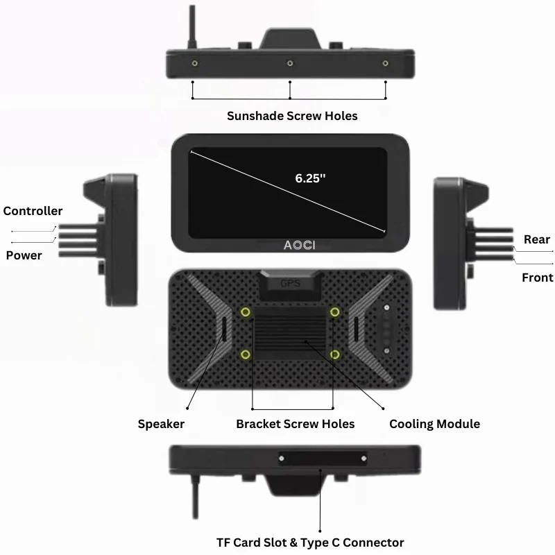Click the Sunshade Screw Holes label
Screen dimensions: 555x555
(292, 116)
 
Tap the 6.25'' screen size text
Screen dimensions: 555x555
(310, 178)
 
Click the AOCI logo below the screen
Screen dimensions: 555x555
(298, 245)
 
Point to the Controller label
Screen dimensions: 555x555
(33, 211)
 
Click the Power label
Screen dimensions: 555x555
(24, 255)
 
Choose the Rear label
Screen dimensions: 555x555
(536, 239)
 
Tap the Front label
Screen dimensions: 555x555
(537, 277)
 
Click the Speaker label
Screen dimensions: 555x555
(161, 424)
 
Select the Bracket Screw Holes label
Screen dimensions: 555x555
(295, 424)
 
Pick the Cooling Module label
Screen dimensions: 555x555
(434, 424)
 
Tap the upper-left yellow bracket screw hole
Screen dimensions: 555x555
(246, 312)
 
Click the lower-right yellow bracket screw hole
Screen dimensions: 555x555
(336, 355)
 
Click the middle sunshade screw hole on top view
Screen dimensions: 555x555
(289, 64)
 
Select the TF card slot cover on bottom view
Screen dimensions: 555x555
(322, 459)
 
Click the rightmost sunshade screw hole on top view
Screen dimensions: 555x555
(386, 64)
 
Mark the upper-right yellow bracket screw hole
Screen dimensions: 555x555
(336, 312)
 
